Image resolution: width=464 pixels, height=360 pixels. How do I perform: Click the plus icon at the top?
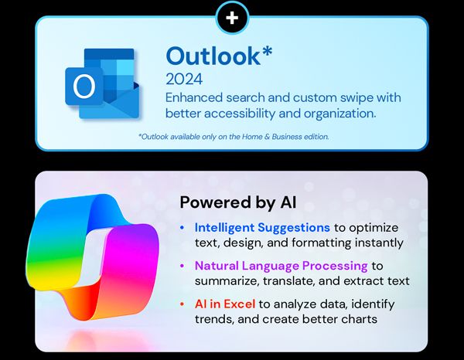[x=232, y=16]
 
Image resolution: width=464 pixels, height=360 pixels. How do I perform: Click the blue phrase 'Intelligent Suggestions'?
[x=261, y=228]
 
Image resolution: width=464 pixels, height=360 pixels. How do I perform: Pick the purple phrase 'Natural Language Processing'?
[x=282, y=265]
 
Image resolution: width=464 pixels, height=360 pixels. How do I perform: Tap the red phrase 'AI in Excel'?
[x=225, y=303]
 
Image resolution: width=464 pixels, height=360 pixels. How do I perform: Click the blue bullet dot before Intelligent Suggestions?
[x=182, y=229]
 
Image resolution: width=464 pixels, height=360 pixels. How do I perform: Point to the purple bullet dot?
[x=182, y=266]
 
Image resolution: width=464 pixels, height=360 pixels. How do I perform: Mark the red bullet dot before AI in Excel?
[x=182, y=304]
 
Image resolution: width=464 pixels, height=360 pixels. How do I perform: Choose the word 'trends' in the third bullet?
[x=213, y=318]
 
